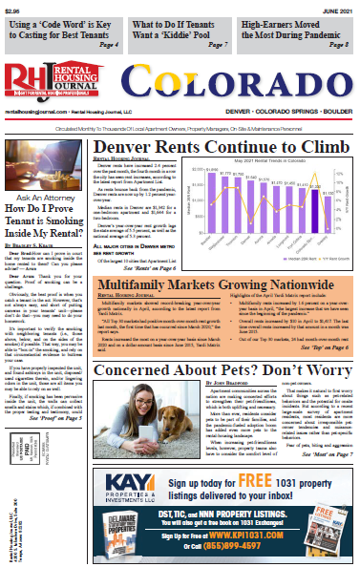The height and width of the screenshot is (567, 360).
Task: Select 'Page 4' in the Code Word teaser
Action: pos(108,44)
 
